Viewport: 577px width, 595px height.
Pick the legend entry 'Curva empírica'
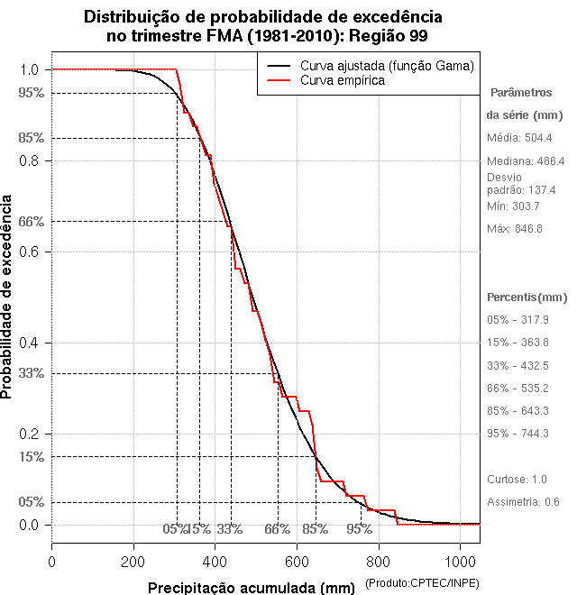(x=343, y=80)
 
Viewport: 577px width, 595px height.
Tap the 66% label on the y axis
(x=30, y=221)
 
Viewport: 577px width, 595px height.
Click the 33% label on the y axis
(x=30, y=372)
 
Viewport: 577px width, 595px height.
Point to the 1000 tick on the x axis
(x=460, y=562)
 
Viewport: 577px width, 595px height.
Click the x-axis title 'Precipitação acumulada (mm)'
(x=252, y=589)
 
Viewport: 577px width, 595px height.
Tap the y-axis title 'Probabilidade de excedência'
(x=8, y=297)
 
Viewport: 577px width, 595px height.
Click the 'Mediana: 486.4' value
(x=526, y=160)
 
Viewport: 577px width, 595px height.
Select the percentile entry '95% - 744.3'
(x=517, y=433)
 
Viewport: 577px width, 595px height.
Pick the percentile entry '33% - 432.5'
(x=517, y=365)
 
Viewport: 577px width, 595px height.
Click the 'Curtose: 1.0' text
(x=517, y=479)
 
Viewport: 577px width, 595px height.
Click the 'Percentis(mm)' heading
(x=527, y=297)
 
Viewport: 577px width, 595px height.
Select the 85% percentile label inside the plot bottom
(x=315, y=529)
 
